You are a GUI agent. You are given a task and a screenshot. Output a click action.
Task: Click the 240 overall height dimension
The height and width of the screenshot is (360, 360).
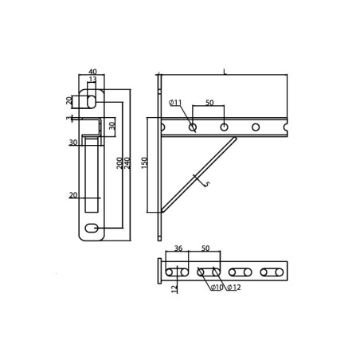click(x=127, y=163)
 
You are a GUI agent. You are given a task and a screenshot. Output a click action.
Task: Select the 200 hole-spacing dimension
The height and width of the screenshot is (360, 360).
click(x=119, y=163)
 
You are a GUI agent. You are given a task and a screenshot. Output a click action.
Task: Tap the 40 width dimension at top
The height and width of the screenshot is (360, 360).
click(x=92, y=72)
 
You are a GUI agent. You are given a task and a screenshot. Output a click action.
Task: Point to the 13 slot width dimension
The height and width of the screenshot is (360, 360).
click(x=92, y=79)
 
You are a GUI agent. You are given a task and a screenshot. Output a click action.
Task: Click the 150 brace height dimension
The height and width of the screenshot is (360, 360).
click(x=144, y=163)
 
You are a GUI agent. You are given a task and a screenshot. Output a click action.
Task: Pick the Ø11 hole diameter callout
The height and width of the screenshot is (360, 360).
click(x=175, y=103)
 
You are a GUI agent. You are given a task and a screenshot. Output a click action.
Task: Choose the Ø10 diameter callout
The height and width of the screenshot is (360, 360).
click(x=217, y=288)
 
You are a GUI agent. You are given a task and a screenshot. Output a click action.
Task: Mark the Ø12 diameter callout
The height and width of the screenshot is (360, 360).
click(x=234, y=288)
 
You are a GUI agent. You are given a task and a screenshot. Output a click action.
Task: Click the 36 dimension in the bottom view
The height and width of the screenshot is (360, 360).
click(x=178, y=248)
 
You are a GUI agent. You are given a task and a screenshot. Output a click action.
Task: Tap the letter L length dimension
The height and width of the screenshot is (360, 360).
click(x=225, y=72)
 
